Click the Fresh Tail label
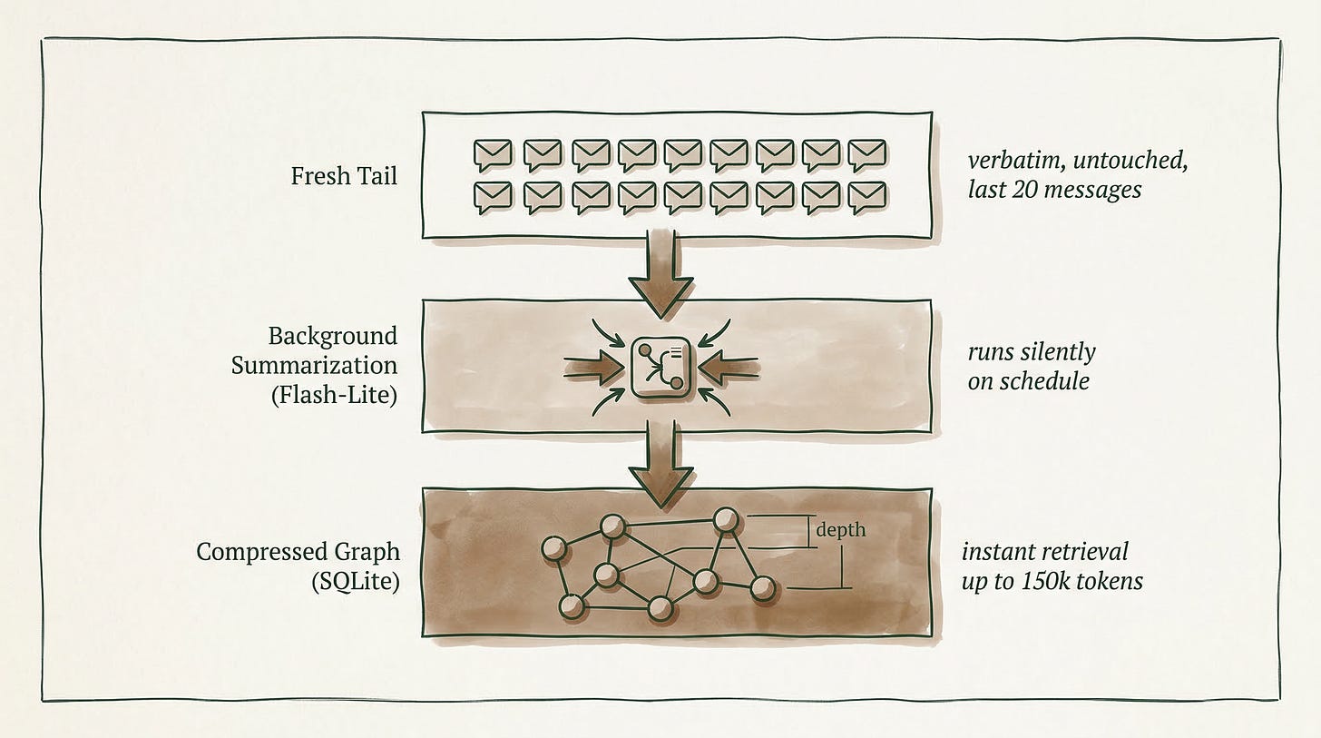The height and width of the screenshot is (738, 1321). [344, 176]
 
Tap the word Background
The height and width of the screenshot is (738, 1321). [333, 336]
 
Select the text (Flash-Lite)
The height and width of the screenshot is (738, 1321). [335, 395]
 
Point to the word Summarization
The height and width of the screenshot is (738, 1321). [314, 366]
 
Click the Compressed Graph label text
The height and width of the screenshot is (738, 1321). [298, 552]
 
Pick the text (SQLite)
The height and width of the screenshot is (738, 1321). [356, 582]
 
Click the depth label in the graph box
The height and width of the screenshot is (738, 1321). [840, 530]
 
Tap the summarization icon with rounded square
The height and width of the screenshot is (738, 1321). [660, 368]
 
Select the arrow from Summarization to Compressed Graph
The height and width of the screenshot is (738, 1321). [660, 464]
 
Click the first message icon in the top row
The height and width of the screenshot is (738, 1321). [493, 155]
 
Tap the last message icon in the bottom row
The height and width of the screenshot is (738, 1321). [867, 198]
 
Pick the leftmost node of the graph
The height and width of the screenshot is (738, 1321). [553, 548]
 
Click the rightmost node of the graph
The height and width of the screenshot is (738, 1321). [763, 587]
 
